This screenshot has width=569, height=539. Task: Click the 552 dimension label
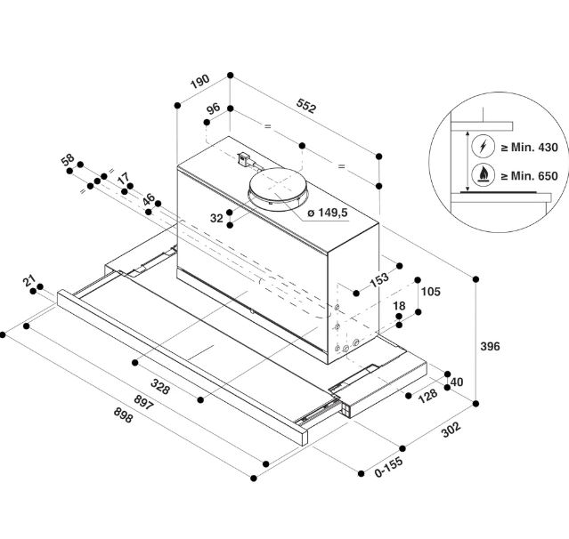306,106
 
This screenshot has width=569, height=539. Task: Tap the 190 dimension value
200,82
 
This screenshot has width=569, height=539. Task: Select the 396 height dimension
491,346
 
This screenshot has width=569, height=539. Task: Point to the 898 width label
124,415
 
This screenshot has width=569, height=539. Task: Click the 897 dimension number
143,402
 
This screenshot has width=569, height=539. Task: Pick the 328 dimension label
160,386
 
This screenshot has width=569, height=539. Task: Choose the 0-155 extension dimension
388,466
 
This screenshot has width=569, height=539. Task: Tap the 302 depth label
451,430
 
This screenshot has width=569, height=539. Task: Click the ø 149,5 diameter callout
328,213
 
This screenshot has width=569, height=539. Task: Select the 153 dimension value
379,280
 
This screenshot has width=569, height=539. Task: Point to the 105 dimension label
431,292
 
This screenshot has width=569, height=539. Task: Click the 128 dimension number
428,395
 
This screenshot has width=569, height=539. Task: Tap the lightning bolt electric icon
483,147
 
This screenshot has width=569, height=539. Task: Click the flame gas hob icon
483,175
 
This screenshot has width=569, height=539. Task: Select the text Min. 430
534,147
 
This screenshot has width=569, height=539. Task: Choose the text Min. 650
534,176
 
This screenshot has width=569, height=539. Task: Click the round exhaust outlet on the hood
278,188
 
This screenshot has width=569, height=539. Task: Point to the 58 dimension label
68,159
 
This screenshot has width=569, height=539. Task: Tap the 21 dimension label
28,281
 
